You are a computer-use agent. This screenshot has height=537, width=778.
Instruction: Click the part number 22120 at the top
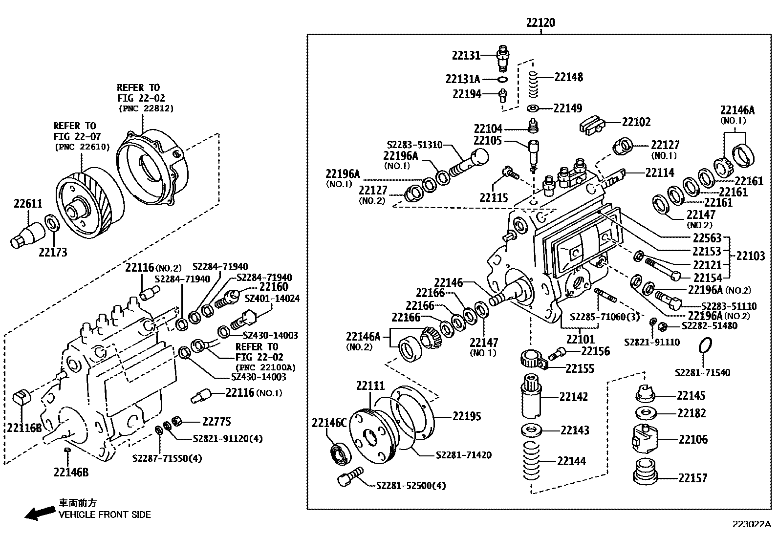(540, 22)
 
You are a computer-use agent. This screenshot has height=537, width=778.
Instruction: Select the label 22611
(28, 204)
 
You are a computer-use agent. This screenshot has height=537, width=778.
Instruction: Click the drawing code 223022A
(751, 524)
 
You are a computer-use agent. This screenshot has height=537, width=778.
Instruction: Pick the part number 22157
(692, 477)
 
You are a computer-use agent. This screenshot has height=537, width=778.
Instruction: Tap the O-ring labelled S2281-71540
(702, 345)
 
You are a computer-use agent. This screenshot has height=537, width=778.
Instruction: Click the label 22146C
(329, 423)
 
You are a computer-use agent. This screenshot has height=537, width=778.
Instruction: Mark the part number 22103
(751, 256)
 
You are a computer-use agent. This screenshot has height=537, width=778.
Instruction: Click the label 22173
(53, 252)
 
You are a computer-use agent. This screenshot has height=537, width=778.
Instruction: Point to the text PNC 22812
(146, 108)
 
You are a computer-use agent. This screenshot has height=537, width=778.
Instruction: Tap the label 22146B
(71, 473)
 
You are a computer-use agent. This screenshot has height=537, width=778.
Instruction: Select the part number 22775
(216, 421)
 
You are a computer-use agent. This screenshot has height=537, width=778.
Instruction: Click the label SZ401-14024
(272, 298)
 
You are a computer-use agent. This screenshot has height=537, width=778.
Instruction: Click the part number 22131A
(463, 79)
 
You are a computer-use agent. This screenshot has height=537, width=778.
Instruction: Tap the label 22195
(467, 416)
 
